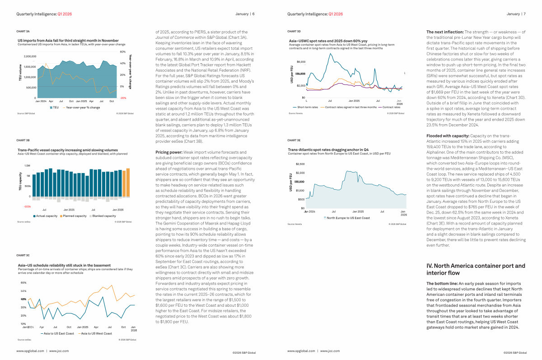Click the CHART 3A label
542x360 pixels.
(x=23, y=32)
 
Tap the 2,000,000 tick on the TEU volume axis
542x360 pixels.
(x=27, y=57)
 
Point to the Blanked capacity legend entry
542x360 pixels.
(x=103, y=216)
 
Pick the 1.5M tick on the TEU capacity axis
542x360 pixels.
(x=27, y=166)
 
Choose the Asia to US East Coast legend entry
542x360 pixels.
(x=58, y=333)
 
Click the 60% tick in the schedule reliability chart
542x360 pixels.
(x=23, y=283)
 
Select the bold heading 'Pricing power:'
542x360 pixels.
(x=169, y=153)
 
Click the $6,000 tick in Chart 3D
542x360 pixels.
(x=301, y=61)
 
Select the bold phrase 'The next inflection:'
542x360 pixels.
(x=445, y=32)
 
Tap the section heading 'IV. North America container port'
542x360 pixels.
(x=476, y=266)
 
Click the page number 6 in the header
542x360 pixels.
(x=253, y=14)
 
